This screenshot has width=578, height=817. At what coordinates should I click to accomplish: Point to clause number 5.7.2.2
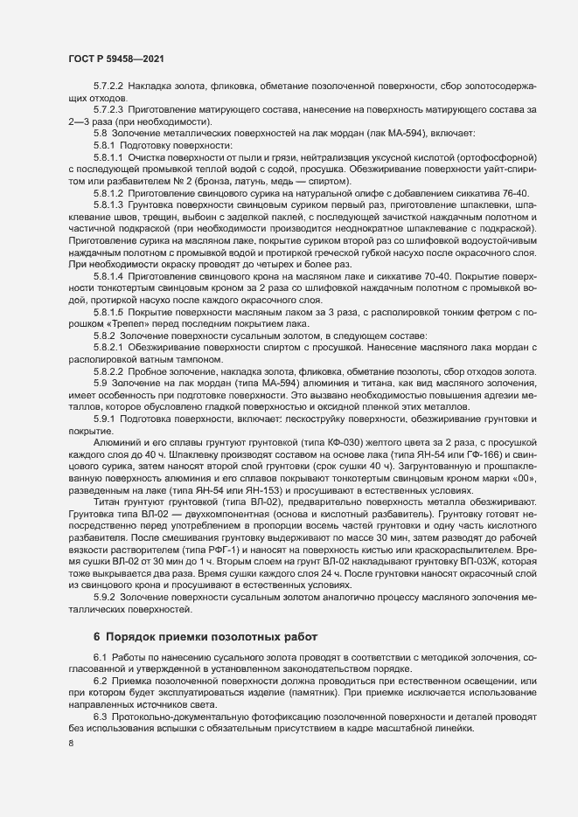pyautogui.click(x=108, y=89)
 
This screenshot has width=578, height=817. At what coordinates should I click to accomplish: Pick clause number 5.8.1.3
pyautogui.click(x=108, y=201)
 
